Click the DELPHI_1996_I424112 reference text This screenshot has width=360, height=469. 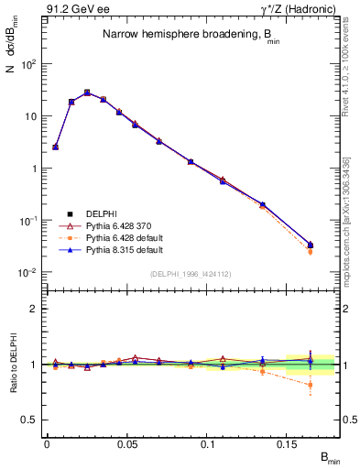point(191,273)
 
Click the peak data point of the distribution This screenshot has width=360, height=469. point(87,93)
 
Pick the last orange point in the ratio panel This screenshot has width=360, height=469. point(310,385)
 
